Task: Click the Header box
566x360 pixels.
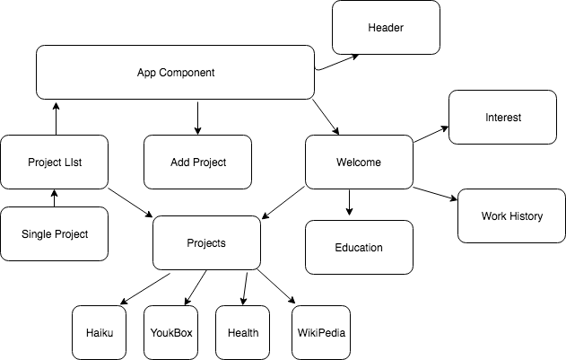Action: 386,27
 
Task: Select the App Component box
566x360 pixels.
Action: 176,72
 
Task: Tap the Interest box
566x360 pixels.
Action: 502,117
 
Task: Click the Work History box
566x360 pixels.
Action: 511,215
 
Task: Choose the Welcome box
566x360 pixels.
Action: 359,162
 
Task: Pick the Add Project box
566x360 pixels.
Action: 197,162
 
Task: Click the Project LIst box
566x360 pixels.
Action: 54,162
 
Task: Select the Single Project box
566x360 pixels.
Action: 54,233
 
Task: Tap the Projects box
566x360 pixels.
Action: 206,242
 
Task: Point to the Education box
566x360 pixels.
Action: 359,247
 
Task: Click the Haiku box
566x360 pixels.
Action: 99,332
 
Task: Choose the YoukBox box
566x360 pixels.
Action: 170,332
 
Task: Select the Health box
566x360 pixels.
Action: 242,332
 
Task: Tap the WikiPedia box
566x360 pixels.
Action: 318,332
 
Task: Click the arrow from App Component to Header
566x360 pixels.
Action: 336,62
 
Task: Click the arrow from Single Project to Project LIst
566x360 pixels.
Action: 54,198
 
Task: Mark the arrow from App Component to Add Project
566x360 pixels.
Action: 197,117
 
